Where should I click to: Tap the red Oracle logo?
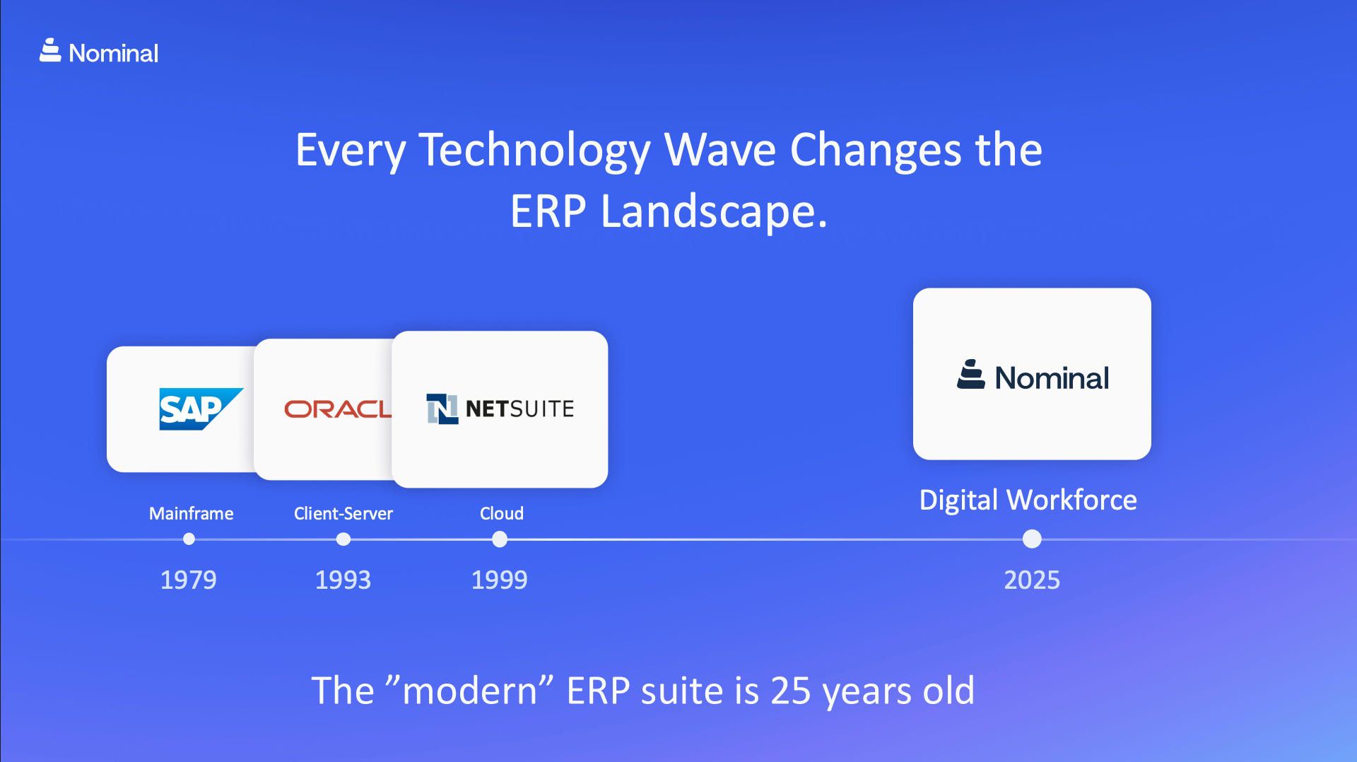(x=337, y=409)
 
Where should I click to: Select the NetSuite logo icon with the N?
(x=442, y=409)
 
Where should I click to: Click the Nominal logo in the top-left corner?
(x=99, y=52)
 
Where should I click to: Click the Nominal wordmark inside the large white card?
(x=1051, y=377)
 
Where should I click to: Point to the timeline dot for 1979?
(x=189, y=539)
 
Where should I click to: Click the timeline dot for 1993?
(x=343, y=539)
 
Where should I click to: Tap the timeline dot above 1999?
(x=500, y=539)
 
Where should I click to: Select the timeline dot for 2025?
(x=1032, y=539)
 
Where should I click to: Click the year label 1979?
(x=188, y=580)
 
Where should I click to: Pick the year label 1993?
(x=343, y=580)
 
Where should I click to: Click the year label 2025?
(x=1032, y=580)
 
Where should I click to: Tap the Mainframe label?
(x=191, y=513)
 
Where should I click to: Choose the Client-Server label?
(x=343, y=513)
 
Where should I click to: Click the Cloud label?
(x=502, y=513)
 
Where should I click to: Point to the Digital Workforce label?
(x=1028, y=500)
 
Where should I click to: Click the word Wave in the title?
(x=720, y=150)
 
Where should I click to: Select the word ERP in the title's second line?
(x=548, y=211)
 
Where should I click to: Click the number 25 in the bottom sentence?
(x=790, y=691)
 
